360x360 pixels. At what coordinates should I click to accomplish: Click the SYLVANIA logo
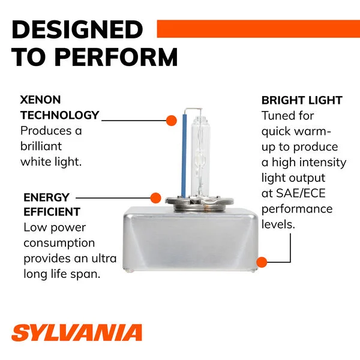(x=77, y=332)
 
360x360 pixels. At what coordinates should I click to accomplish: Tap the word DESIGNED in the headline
(x=77, y=29)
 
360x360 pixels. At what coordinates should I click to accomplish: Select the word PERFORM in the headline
(x=116, y=57)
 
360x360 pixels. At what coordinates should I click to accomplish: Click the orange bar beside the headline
(x=258, y=29)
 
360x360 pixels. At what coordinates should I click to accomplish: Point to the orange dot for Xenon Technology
(x=171, y=121)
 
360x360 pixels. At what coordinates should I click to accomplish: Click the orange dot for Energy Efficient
(x=155, y=198)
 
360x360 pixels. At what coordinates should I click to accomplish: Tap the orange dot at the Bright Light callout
(x=262, y=262)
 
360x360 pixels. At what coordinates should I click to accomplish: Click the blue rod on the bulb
(x=184, y=155)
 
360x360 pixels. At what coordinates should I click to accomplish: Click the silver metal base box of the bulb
(x=190, y=239)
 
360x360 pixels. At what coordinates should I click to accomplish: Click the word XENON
(x=40, y=100)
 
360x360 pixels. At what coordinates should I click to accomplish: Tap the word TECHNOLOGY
(x=59, y=115)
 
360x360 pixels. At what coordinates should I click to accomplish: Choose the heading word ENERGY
(x=46, y=197)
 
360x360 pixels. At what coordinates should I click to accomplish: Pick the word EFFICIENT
(x=52, y=212)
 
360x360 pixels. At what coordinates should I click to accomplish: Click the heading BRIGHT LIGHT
(x=302, y=100)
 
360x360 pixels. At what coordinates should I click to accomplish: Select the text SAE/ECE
(x=301, y=193)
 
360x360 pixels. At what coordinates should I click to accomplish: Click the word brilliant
(x=41, y=146)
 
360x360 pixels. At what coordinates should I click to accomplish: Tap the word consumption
(x=59, y=244)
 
